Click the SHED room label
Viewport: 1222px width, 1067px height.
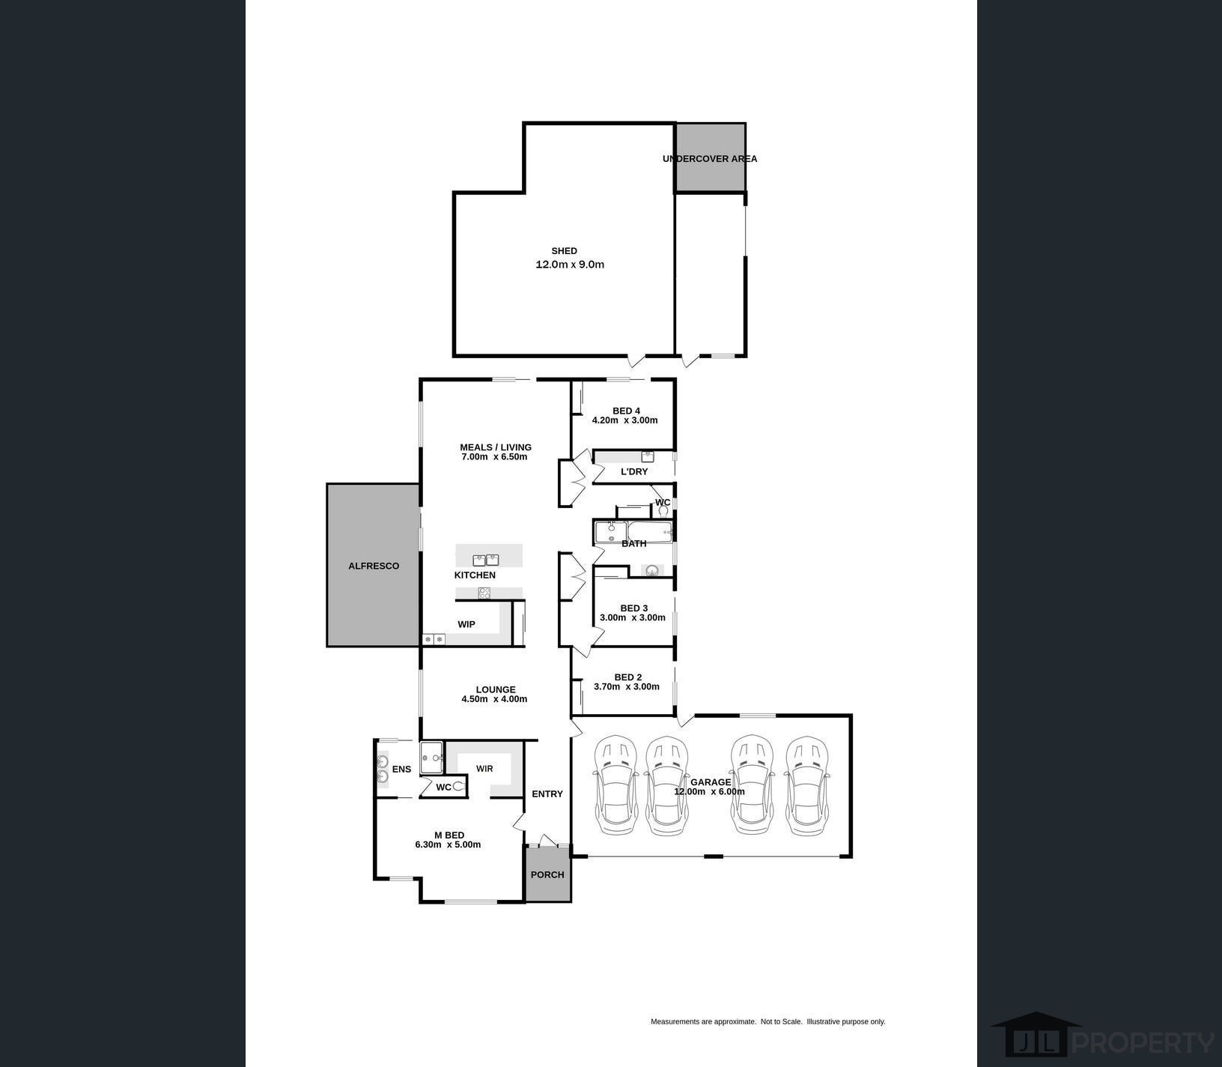coord(564,251)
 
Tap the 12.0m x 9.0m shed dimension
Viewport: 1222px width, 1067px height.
coord(570,265)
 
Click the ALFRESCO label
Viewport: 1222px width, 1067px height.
coord(374,566)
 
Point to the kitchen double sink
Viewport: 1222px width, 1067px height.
coord(486,559)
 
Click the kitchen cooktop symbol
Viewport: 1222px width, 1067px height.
coord(484,593)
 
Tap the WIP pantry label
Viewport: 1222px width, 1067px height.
coord(466,624)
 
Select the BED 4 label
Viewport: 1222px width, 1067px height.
coord(626,411)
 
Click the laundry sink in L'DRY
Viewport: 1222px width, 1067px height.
coord(648,456)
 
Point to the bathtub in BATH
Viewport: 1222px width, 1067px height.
coord(645,533)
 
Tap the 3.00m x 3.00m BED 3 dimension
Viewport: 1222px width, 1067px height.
coord(633,618)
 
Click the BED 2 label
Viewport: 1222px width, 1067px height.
coord(627,677)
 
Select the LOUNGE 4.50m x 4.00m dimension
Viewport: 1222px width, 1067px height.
coord(494,699)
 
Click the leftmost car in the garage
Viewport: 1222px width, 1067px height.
coord(615,785)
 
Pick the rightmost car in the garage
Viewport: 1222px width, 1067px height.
coord(807,785)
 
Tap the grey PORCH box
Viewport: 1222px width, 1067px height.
coord(547,874)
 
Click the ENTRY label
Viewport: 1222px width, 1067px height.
coord(547,794)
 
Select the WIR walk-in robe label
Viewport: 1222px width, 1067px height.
coord(484,769)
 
